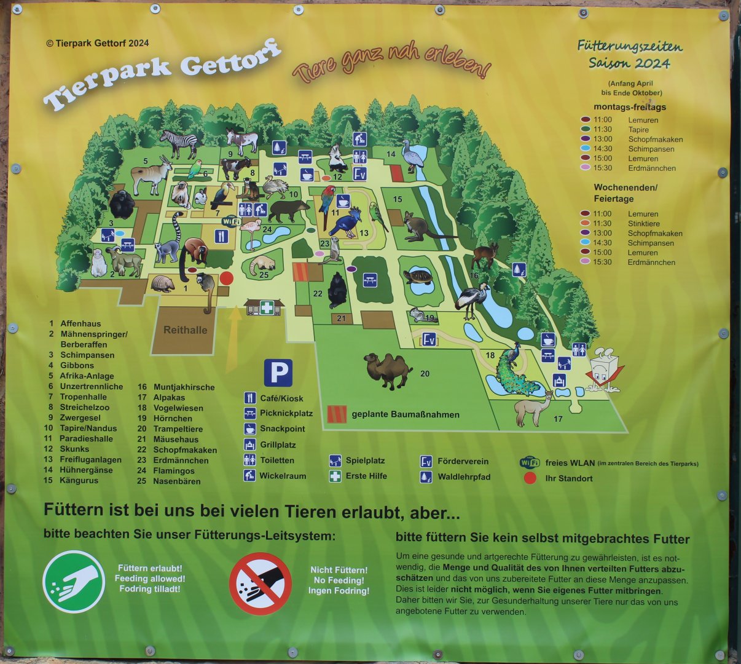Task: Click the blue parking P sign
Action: (x=278, y=373)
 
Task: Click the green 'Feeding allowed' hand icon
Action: (x=74, y=581)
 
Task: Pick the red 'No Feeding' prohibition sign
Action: (x=261, y=583)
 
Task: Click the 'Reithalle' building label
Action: (x=185, y=330)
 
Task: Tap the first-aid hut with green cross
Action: (x=265, y=307)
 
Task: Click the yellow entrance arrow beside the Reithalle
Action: (x=234, y=339)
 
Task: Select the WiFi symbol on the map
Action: (x=230, y=221)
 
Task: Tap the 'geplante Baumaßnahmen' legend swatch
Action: (x=337, y=414)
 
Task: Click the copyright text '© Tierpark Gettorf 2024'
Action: (x=97, y=43)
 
